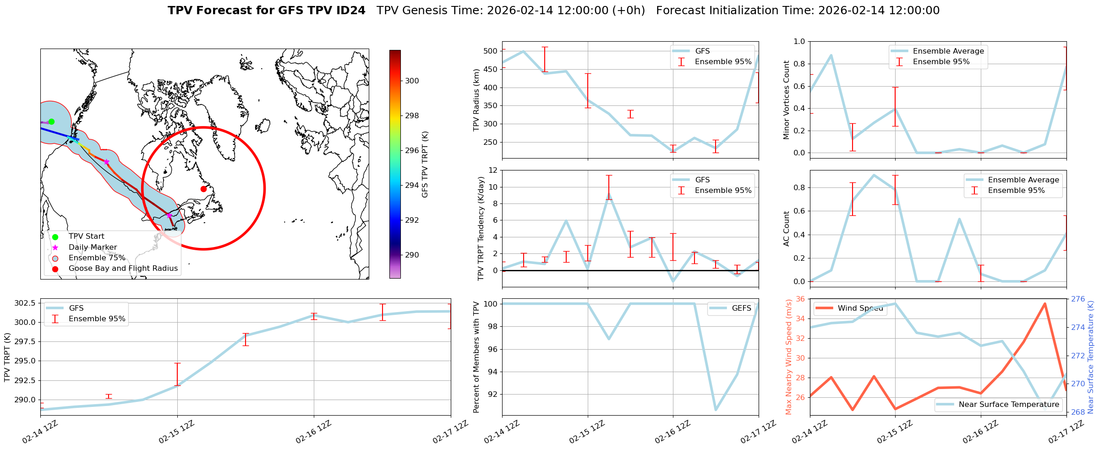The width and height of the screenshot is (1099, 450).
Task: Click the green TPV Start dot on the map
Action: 51,121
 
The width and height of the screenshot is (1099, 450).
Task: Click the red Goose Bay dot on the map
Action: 203,189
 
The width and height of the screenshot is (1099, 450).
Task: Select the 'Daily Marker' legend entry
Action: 93,247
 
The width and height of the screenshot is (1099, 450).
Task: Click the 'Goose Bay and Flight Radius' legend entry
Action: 123,269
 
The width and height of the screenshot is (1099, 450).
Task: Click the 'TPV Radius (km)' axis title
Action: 476,100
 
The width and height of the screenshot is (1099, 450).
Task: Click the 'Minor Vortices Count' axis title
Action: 786,100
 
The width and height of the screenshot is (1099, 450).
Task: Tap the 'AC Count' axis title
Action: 786,229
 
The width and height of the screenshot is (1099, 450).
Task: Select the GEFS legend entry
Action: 741,308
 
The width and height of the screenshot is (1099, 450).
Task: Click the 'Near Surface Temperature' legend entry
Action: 1009,405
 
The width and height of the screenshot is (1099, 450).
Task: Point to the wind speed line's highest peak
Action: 1044,303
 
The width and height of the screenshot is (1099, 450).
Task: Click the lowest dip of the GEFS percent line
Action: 716,410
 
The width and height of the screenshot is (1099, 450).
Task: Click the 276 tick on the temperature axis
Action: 1077,299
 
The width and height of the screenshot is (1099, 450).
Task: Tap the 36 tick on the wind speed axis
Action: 800,299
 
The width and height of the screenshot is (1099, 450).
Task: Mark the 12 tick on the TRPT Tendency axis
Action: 493,170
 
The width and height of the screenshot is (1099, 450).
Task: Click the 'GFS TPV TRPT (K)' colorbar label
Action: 425,164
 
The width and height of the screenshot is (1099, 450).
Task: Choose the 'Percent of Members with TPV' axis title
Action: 476,357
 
